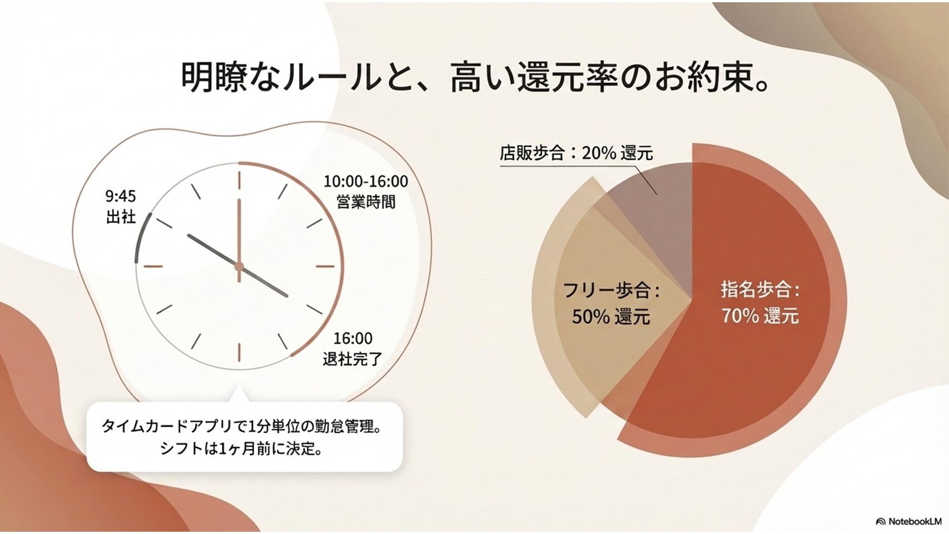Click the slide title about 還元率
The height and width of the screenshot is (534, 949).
click(x=475, y=78)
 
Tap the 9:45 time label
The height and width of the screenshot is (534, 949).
click(x=121, y=196)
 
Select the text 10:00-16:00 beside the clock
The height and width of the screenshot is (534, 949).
click(x=366, y=181)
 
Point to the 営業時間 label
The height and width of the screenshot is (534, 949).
click(x=366, y=202)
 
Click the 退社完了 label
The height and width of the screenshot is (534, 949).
click(x=352, y=359)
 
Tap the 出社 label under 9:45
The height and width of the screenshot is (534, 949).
click(x=121, y=217)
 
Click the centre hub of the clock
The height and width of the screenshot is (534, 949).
click(x=239, y=266)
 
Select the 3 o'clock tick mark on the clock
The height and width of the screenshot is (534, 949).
click(x=325, y=266)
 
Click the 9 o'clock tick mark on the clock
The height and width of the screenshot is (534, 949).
click(x=153, y=266)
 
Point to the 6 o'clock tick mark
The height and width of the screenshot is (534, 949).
click(x=239, y=352)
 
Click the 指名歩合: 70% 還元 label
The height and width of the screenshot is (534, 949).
click(x=760, y=303)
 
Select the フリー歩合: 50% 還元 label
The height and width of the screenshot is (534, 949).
click(x=611, y=303)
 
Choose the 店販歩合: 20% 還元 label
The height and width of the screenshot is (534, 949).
click(x=576, y=152)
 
